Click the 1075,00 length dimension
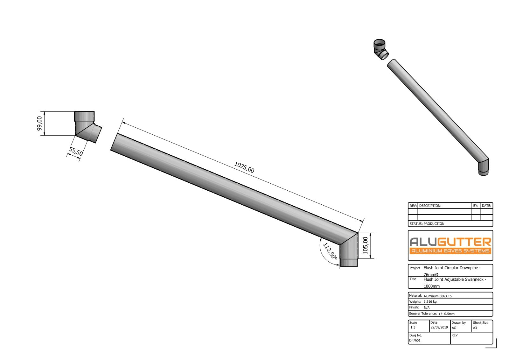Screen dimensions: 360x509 tap(244, 167)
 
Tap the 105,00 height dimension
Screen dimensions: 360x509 tap(366, 245)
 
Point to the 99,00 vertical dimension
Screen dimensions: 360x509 tap(39, 123)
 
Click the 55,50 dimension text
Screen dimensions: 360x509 tap(76, 151)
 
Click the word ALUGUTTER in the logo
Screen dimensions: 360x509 tap(450, 242)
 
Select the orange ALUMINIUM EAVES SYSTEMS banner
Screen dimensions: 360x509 tap(450, 251)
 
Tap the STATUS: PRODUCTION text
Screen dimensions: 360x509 tap(427, 224)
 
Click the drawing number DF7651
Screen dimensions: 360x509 tap(415, 340)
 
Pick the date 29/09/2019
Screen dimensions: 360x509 tap(439, 327)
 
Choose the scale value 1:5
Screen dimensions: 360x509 tap(413, 327)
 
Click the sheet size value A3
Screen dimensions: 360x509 tap(475, 328)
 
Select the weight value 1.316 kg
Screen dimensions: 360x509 tap(430, 301)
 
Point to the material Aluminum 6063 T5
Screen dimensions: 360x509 tap(437, 296)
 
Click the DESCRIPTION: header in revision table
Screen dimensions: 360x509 tap(430, 206)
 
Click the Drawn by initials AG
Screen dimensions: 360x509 tap(454, 328)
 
